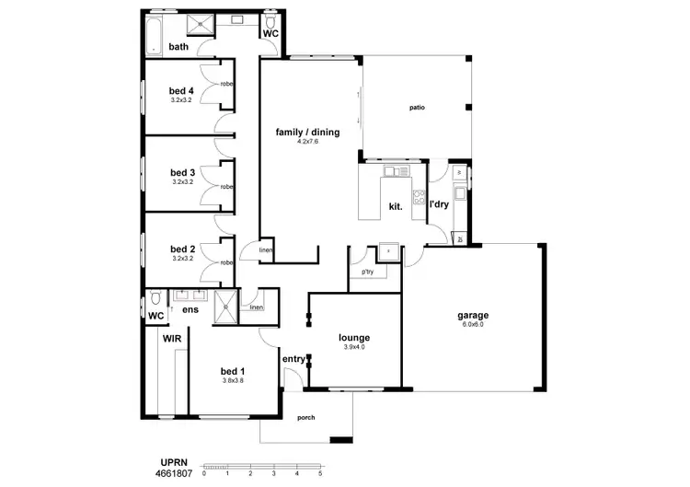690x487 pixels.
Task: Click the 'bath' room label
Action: (178, 47)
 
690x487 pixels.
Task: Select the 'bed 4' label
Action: (181, 90)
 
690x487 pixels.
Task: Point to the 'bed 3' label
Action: (182, 172)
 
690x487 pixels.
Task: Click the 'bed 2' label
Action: (182, 249)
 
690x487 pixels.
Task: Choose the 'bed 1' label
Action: (234, 370)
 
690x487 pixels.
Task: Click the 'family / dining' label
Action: (307, 133)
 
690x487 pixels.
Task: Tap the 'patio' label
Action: (417, 109)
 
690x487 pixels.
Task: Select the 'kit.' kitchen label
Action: (397, 206)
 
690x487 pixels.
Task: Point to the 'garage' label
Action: (473, 316)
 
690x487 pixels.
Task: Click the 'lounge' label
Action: (353, 338)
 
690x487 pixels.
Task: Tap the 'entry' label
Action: (293, 359)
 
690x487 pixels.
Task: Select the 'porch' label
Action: (306, 418)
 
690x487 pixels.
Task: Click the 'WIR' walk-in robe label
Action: (171, 339)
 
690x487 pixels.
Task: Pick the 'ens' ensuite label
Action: (190, 310)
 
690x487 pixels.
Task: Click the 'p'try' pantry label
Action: (367, 272)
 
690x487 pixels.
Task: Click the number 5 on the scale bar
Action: (320, 473)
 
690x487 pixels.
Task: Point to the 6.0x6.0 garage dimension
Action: (473, 325)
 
